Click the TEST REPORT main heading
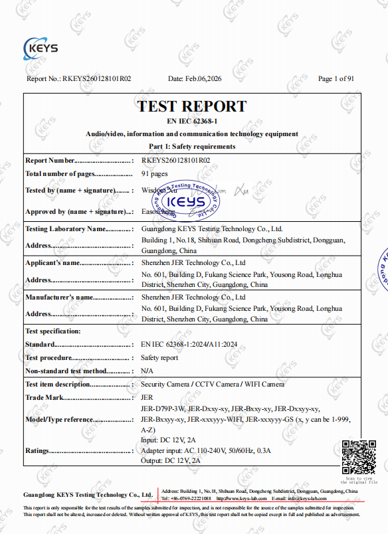point(191,106)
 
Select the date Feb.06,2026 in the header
point(195,79)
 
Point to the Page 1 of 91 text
point(336,79)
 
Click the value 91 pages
point(155,173)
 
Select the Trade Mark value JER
point(147,397)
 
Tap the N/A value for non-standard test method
point(147,371)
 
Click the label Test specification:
point(52,331)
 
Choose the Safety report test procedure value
point(159,357)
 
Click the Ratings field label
point(39,450)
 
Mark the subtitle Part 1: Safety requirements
point(191,146)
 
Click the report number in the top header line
point(97,79)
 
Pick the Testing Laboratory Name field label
point(65,228)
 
